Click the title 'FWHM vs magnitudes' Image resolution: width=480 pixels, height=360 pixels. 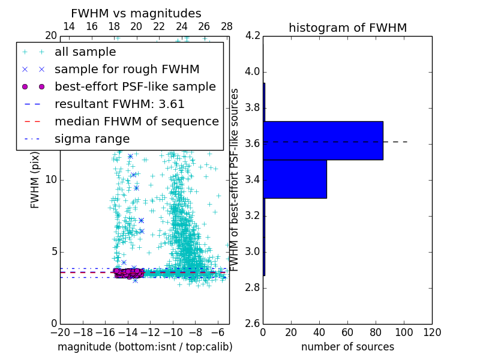pos(136,14)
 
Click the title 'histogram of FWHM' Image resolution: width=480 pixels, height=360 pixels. pos(347,28)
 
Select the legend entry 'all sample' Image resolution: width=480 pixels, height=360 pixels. pos(85,52)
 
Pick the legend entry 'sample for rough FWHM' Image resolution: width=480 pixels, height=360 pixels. pos(127,70)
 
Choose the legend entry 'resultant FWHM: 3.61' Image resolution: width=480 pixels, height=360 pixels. pos(119,104)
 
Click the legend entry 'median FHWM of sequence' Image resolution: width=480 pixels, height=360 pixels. pos(136,122)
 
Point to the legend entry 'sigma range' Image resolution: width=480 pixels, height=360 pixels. pos(92,139)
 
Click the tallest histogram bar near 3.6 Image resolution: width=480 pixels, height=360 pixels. pos(323,140)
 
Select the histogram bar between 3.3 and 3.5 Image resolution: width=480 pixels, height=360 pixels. pos(295,179)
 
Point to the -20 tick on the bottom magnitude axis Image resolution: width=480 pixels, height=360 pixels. pos(60,332)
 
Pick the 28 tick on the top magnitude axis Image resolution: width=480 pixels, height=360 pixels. pos(227,26)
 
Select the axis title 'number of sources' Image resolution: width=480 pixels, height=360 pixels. pos(347,347)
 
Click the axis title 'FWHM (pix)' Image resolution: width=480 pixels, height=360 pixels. pos(35,180)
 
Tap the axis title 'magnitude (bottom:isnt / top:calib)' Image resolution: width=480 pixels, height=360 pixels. pos(145,347)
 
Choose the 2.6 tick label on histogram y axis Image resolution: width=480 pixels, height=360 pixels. pos(252,323)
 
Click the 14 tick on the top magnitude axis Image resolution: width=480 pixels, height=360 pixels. pos(69,26)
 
